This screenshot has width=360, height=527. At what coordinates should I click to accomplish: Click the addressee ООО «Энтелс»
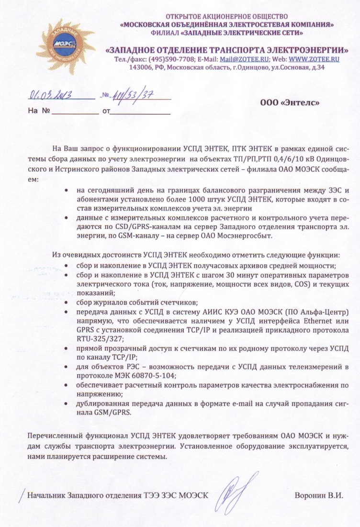coord(290,102)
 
